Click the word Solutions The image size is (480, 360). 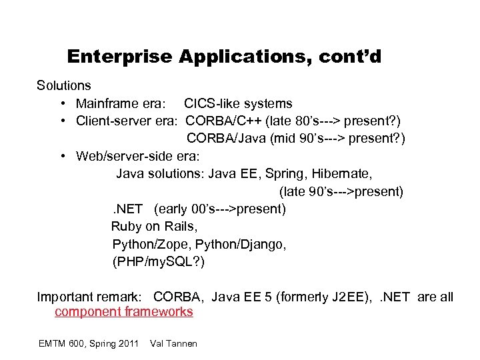[64, 86]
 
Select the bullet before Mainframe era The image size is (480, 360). [61, 104]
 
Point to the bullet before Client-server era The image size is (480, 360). [61, 121]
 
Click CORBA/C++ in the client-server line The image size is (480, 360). [223, 121]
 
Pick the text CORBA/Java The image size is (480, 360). [225, 139]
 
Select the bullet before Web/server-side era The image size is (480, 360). [61, 157]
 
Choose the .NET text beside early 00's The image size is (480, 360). [126, 209]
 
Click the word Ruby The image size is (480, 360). [126, 227]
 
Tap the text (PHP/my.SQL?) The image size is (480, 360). [159, 262]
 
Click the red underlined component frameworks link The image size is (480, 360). [124, 311]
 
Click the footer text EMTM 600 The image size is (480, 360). [67, 343]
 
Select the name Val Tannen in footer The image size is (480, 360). [174, 343]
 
